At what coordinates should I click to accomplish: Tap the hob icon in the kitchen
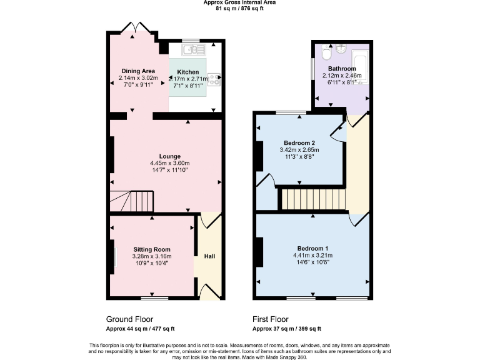click(214, 79)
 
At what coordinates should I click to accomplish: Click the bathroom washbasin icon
click(341, 49)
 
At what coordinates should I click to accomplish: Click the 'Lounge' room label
click(169, 156)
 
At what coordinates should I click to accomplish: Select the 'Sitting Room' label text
click(152, 249)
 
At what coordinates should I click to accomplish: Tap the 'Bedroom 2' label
click(299, 142)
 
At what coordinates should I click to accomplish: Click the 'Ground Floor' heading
click(129, 319)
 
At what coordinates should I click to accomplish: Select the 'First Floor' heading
click(272, 319)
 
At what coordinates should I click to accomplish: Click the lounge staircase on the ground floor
click(132, 202)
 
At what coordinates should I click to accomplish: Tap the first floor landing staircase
click(312, 200)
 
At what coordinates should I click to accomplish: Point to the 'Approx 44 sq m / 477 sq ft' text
click(140, 329)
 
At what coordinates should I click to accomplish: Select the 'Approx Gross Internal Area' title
click(239, 2)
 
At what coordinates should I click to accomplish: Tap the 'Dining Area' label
click(138, 71)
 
